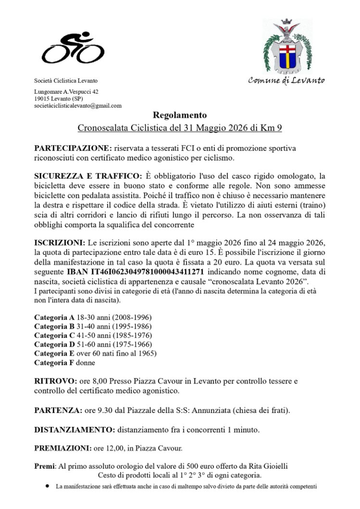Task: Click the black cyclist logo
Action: tap(73, 48)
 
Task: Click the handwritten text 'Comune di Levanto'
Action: tap(286, 80)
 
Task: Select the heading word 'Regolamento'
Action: tap(180, 115)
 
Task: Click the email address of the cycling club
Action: tap(78, 106)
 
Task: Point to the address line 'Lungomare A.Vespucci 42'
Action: tap(67, 91)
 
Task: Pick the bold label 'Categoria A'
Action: tap(54, 318)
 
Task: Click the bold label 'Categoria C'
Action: tap(54, 335)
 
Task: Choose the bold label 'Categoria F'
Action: tap(54, 362)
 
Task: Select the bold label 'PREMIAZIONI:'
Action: tap(63, 448)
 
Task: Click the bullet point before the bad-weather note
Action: tap(48, 486)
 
